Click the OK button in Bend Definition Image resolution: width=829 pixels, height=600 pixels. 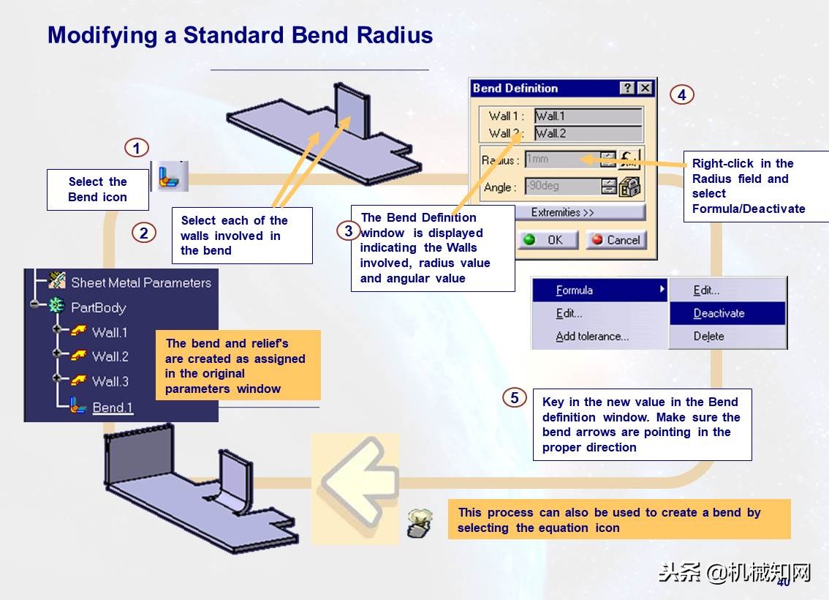(x=548, y=240)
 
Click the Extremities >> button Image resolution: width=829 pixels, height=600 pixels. (x=562, y=212)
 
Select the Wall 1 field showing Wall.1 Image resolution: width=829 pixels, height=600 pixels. (x=588, y=116)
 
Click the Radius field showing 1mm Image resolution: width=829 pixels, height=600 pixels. (x=561, y=160)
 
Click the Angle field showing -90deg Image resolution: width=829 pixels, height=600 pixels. (x=561, y=187)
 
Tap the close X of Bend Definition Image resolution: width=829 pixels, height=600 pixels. (x=644, y=89)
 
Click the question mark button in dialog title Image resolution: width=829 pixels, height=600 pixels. (x=627, y=89)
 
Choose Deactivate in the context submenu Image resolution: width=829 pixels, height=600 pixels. (x=719, y=313)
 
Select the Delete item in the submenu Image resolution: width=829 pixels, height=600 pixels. (x=709, y=337)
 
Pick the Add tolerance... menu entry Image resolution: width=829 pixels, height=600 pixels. (x=592, y=337)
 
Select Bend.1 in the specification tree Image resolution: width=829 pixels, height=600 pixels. (x=113, y=408)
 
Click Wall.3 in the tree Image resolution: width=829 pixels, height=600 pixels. (x=110, y=381)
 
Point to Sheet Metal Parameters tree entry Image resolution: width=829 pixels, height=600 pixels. (x=140, y=282)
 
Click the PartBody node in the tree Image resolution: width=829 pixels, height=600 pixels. (x=98, y=307)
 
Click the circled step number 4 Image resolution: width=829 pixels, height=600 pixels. (x=681, y=94)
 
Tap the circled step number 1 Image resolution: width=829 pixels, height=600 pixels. (x=137, y=148)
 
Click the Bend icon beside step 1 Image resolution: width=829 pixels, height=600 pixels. (x=173, y=176)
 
